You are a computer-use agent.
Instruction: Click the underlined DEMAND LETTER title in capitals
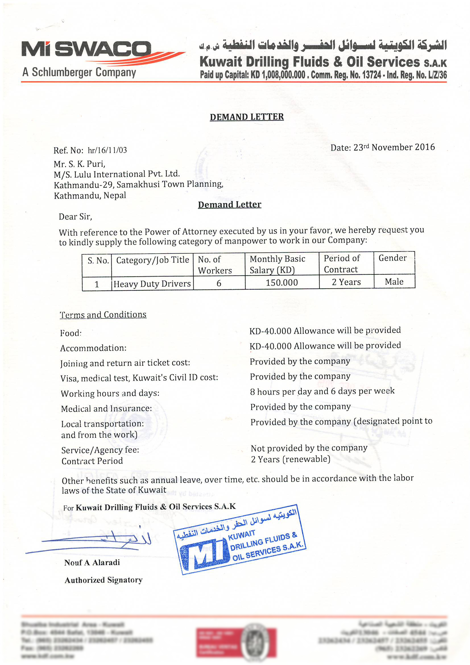[x=247, y=117]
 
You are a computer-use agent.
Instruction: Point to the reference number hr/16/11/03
[x=107, y=150]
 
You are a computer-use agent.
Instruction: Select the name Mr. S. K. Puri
[x=79, y=164]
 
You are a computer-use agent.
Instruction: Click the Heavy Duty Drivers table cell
[x=152, y=284]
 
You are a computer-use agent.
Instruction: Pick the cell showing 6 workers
[x=219, y=283]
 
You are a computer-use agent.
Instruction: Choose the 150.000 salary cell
[x=281, y=282]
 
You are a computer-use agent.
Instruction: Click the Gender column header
[x=392, y=258]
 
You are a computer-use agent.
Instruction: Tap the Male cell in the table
[x=394, y=282]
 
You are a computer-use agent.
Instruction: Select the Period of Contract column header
[x=342, y=264]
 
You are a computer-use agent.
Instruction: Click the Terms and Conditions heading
[x=103, y=315]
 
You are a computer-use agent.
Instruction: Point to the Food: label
[x=71, y=333]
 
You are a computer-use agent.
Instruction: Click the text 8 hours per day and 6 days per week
[x=322, y=391]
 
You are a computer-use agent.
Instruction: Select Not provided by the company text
[x=309, y=448]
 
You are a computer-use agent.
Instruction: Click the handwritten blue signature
[x=93, y=542]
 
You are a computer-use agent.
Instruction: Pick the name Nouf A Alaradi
[x=92, y=563]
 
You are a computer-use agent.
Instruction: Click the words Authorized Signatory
[x=103, y=580]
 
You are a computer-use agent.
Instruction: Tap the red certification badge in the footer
[x=236, y=643]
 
